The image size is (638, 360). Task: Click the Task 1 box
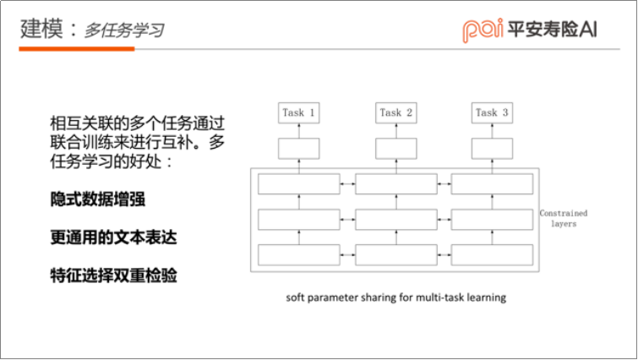299,112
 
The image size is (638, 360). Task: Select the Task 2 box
396,112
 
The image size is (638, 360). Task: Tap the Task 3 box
493,112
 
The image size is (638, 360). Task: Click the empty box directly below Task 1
299,149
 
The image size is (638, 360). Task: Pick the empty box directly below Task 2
396,149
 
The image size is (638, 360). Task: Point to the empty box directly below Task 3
493,149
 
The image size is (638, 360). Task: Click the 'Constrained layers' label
564,219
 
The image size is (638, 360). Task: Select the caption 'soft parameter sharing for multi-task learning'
395,297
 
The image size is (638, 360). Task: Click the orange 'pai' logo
483,29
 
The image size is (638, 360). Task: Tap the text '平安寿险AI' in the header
553,29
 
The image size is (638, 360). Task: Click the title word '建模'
41,30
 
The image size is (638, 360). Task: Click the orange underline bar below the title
76,49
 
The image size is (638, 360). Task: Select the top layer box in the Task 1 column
298,183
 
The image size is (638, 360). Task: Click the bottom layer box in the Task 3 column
493,254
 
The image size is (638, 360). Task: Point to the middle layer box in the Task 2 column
396,219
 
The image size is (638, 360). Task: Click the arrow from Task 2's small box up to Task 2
396,130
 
